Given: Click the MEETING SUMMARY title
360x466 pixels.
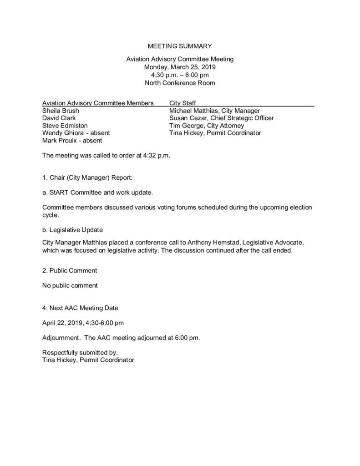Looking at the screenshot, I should point(180,46).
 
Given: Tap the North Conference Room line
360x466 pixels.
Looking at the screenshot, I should point(180,83).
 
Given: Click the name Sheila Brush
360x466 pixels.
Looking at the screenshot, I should point(60,111).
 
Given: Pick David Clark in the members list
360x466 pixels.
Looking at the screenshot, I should point(58,118).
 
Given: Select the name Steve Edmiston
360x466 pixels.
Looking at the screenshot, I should point(65,126).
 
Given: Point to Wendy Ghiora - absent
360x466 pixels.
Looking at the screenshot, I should point(76,133).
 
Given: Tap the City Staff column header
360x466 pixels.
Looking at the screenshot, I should point(183,103).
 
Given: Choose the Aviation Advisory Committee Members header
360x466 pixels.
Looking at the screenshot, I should point(97,103).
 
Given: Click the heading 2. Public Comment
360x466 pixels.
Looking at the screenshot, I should point(69,271).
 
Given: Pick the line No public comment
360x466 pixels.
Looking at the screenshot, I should point(70,286).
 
